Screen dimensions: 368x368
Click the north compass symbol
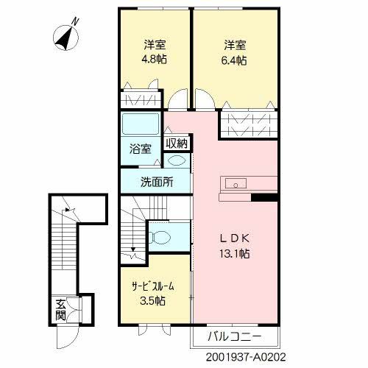tap(68, 35)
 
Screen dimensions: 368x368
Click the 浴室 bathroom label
tap(141, 148)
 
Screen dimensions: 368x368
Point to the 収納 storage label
tap(176, 143)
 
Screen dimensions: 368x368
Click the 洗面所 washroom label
tap(157, 182)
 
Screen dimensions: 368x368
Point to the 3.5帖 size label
tap(154, 300)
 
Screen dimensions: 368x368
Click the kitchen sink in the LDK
tap(238, 183)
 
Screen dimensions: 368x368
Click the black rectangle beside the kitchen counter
tap(264, 197)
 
